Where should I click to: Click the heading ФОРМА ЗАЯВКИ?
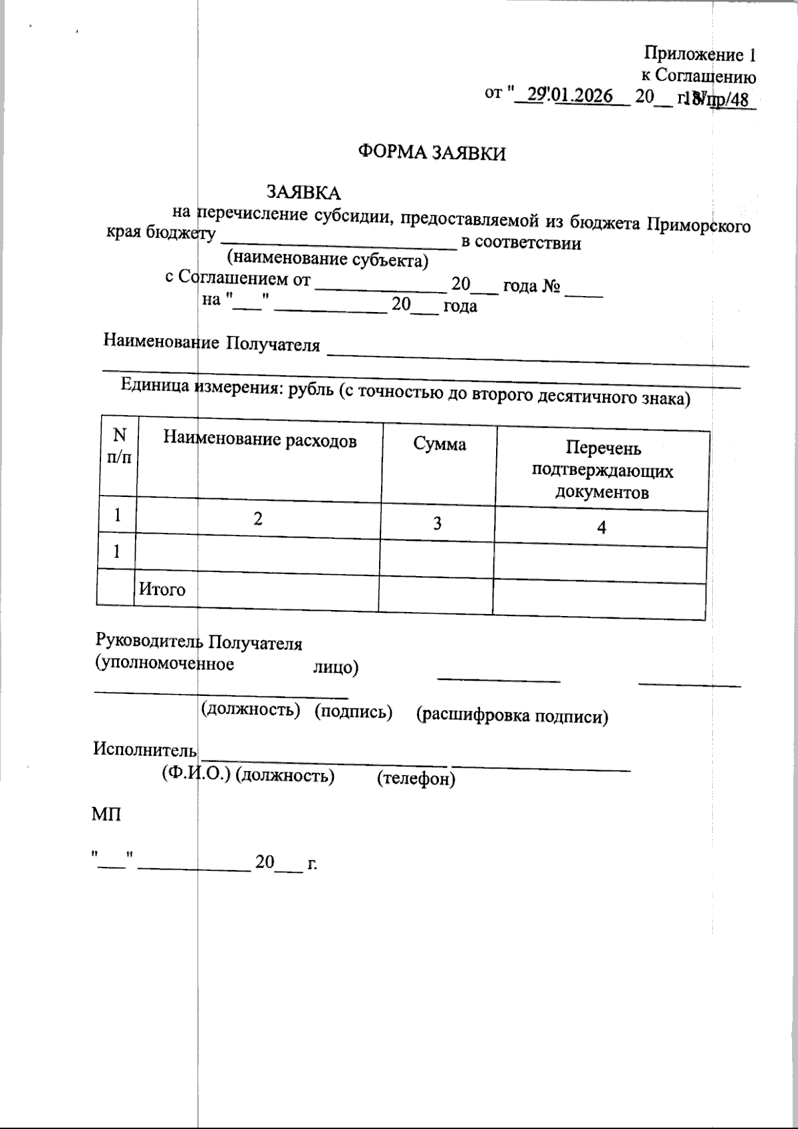[x=432, y=153]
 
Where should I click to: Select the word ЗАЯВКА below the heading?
[x=303, y=193]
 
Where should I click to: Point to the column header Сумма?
[x=440, y=444]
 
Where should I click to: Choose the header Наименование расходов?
[x=260, y=440]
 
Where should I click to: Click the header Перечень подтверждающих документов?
[x=602, y=471]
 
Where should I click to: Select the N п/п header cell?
[x=119, y=446]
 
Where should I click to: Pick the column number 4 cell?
[x=601, y=528]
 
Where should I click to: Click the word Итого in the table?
[x=162, y=589]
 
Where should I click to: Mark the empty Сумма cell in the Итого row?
[x=436, y=594]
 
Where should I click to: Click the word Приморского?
[x=700, y=225]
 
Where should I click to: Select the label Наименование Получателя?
[x=211, y=343]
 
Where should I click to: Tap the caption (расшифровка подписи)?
[x=512, y=716]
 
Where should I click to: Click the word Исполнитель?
[x=145, y=749]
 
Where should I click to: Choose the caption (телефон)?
[x=416, y=778]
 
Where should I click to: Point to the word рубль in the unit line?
[x=310, y=391]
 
